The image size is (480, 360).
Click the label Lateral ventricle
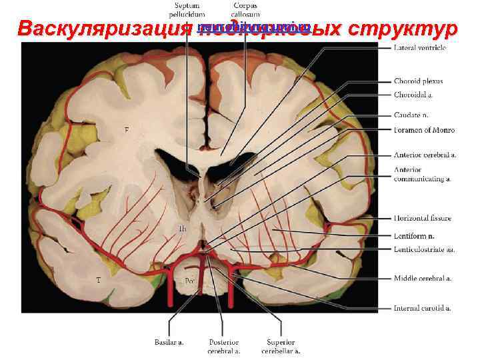click(x=420, y=49)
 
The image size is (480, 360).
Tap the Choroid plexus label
click(x=418, y=81)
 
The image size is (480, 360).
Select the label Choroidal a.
click(x=413, y=95)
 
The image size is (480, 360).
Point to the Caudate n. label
click(x=411, y=114)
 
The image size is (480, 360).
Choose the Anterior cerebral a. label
click(x=425, y=155)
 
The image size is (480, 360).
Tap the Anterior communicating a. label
click(x=421, y=174)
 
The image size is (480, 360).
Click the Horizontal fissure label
click(x=422, y=218)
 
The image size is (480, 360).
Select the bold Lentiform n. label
click(x=414, y=235)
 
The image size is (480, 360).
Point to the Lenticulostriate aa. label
click(x=424, y=249)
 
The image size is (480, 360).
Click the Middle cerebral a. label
click(x=422, y=278)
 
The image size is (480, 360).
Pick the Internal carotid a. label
click(x=422, y=307)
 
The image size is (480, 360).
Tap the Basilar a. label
click(x=169, y=343)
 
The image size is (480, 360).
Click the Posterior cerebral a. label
click(x=223, y=346)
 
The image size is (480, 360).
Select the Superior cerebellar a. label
click(x=283, y=346)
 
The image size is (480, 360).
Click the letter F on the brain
click(x=127, y=130)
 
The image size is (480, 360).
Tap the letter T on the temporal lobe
click(x=99, y=281)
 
